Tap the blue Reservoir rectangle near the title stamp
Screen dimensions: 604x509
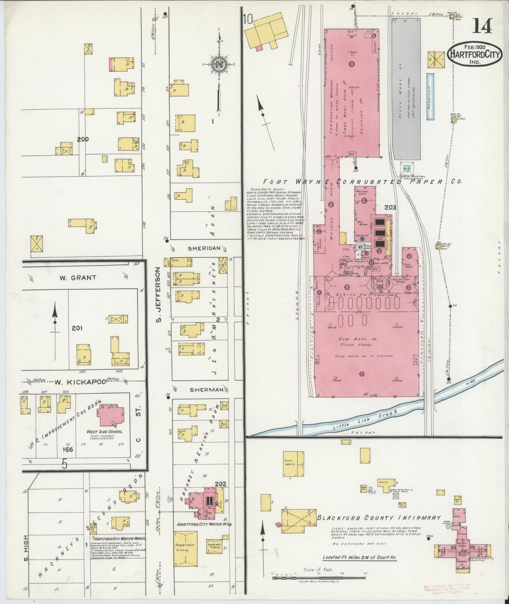429,97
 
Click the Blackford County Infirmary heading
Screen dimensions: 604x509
378,517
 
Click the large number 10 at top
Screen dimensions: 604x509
248,20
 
